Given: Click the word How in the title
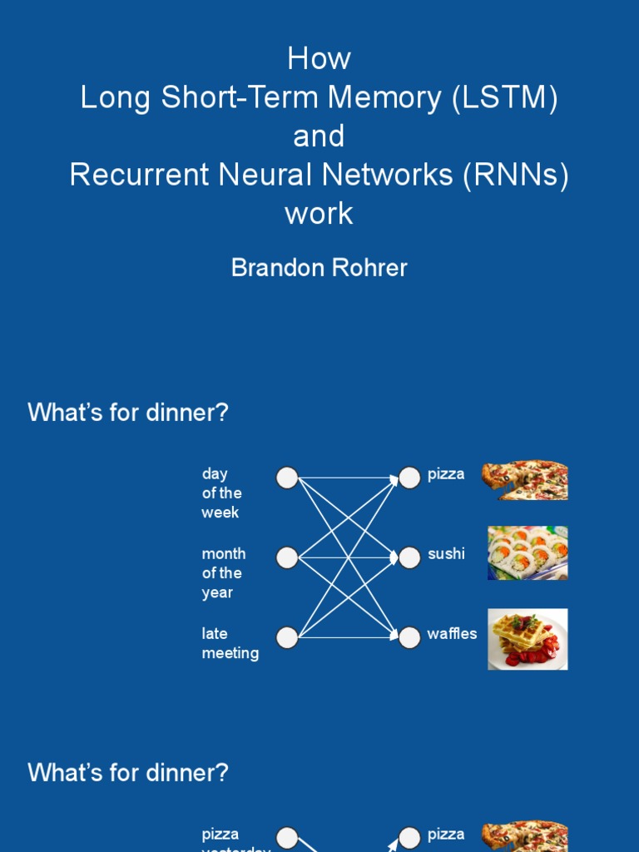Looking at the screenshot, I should pyautogui.click(x=319, y=59).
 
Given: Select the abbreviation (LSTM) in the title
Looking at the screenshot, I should pyautogui.click(x=505, y=98).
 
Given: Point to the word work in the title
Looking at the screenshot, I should pyautogui.click(x=319, y=214).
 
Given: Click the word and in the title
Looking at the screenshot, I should pyautogui.click(x=319, y=136).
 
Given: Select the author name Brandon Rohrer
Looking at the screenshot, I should pyautogui.click(x=319, y=268).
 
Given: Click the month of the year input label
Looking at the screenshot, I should pyautogui.click(x=223, y=573).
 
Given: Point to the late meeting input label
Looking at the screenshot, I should pyautogui.click(x=230, y=643).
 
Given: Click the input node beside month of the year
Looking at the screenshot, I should pyautogui.click(x=287, y=557).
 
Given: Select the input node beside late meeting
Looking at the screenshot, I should pyautogui.click(x=287, y=637).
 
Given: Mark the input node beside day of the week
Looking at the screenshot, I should pyautogui.click(x=287, y=478).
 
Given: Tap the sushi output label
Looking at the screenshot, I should pyautogui.click(x=446, y=554).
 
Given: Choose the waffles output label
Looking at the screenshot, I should pyautogui.click(x=452, y=634).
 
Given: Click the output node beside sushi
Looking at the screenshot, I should pyautogui.click(x=409, y=557).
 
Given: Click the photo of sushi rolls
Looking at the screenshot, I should pyautogui.click(x=528, y=552).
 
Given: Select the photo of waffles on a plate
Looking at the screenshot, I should pyautogui.click(x=528, y=639).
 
